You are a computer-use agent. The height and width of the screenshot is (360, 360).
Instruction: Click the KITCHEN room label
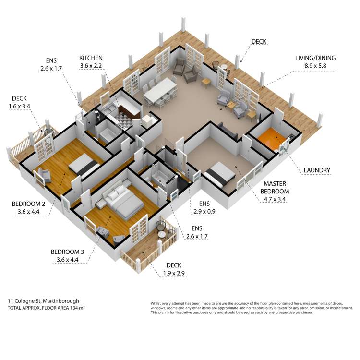coord(91,58)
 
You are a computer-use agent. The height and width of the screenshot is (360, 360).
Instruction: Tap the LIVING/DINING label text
coord(315,58)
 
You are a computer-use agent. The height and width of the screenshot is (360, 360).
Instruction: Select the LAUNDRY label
coord(317,170)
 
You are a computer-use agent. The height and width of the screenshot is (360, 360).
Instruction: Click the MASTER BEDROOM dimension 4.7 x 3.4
coord(275,199)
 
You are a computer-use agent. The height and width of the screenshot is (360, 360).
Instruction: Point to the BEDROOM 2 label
coord(28,204)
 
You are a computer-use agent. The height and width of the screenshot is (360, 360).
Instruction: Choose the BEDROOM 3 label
coord(67,252)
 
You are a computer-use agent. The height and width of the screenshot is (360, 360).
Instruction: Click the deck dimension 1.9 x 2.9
coord(174,273)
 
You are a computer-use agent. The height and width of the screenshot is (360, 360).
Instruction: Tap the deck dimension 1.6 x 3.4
coord(19,106)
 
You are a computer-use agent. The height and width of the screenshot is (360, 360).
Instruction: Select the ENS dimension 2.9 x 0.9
coord(204,212)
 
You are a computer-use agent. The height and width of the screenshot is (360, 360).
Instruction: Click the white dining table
coord(160,90)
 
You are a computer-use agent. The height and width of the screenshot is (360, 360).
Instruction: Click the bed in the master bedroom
coord(219,175)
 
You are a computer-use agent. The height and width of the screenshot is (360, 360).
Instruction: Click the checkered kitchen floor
coord(123,119)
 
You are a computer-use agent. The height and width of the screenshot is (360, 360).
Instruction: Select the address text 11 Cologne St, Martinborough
coord(43,301)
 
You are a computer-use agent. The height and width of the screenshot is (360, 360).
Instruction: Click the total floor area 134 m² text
coord(46,308)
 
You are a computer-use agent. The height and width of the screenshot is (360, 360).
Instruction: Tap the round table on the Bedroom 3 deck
coord(162,234)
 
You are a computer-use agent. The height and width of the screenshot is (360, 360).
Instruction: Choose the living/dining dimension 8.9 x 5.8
coord(315,66)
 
